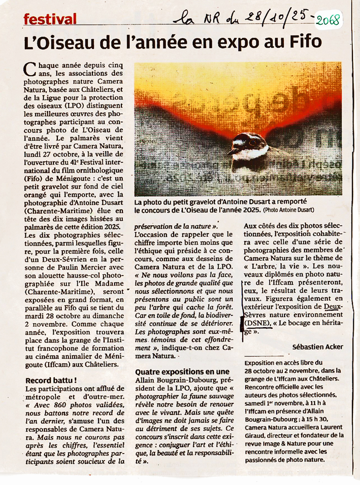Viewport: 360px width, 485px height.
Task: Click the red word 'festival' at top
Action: pos(50,20)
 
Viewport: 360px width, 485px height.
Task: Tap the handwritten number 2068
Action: pos(328,21)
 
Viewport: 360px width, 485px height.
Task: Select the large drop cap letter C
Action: pos(30,68)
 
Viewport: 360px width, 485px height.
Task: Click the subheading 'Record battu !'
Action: pos(51,380)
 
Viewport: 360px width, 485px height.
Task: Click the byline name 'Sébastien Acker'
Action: pos(317,347)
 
